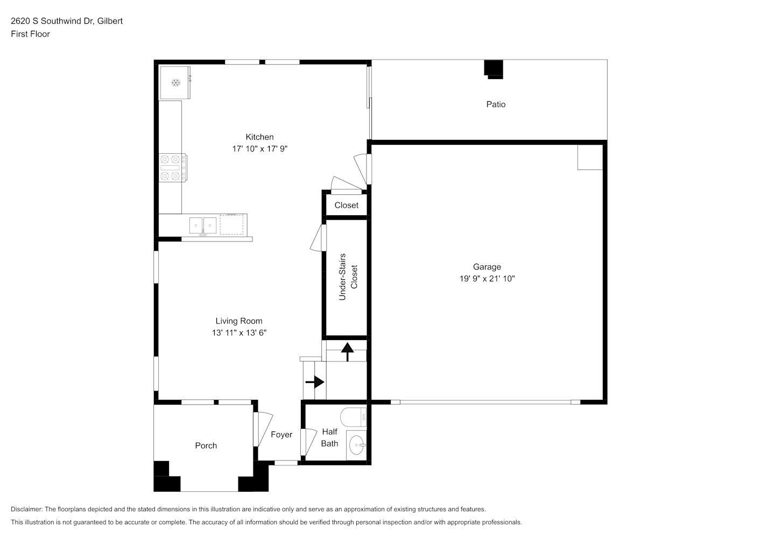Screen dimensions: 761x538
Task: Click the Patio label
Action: pyautogui.click(x=496, y=104)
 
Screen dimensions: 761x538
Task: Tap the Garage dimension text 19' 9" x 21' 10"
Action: pyautogui.click(x=487, y=279)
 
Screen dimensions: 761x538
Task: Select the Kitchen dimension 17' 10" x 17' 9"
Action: pyautogui.click(x=260, y=149)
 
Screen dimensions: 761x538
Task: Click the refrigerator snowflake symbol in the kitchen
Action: pyautogui.click(x=175, y=82)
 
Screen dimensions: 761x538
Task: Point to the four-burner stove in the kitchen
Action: pyautogui.click(x=173, y=168)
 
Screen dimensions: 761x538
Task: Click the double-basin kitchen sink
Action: pyautogui.click(x=203, y=225)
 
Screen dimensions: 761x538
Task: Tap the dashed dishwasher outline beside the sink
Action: pyautogui.click(x=231, y=224)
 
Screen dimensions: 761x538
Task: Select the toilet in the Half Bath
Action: pyautogui.click(x=353, y=417)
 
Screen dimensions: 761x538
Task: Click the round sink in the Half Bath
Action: pyautogui.click(x=357, y=445)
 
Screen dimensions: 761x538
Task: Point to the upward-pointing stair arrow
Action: pyautogui.click(x=347, y=352)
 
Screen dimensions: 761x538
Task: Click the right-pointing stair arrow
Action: pyautogui.click(x=315, y=382)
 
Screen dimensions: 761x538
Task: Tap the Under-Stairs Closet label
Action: pyautogui.click(x=348, y=277)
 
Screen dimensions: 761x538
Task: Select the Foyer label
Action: pyautogui.click(x=281, y=434)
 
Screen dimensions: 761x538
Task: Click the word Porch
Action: pyautogui.click(x=206, y=445)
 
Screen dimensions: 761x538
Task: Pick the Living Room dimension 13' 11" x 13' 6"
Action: pyautogui.click(x=239, y=333)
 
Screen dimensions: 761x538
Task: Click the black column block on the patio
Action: pyautogui.click(x=494, y=69)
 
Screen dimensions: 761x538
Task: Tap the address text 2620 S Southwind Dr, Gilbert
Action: pyautogui.click(x=67, y=21)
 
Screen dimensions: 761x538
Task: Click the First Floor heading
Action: pyautogui.click(x=30, y=34)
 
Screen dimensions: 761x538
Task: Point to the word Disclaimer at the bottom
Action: pyautogui.click(x=27, y=509)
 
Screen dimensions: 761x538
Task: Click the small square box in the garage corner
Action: pyautogui.click(x=590, y=157)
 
